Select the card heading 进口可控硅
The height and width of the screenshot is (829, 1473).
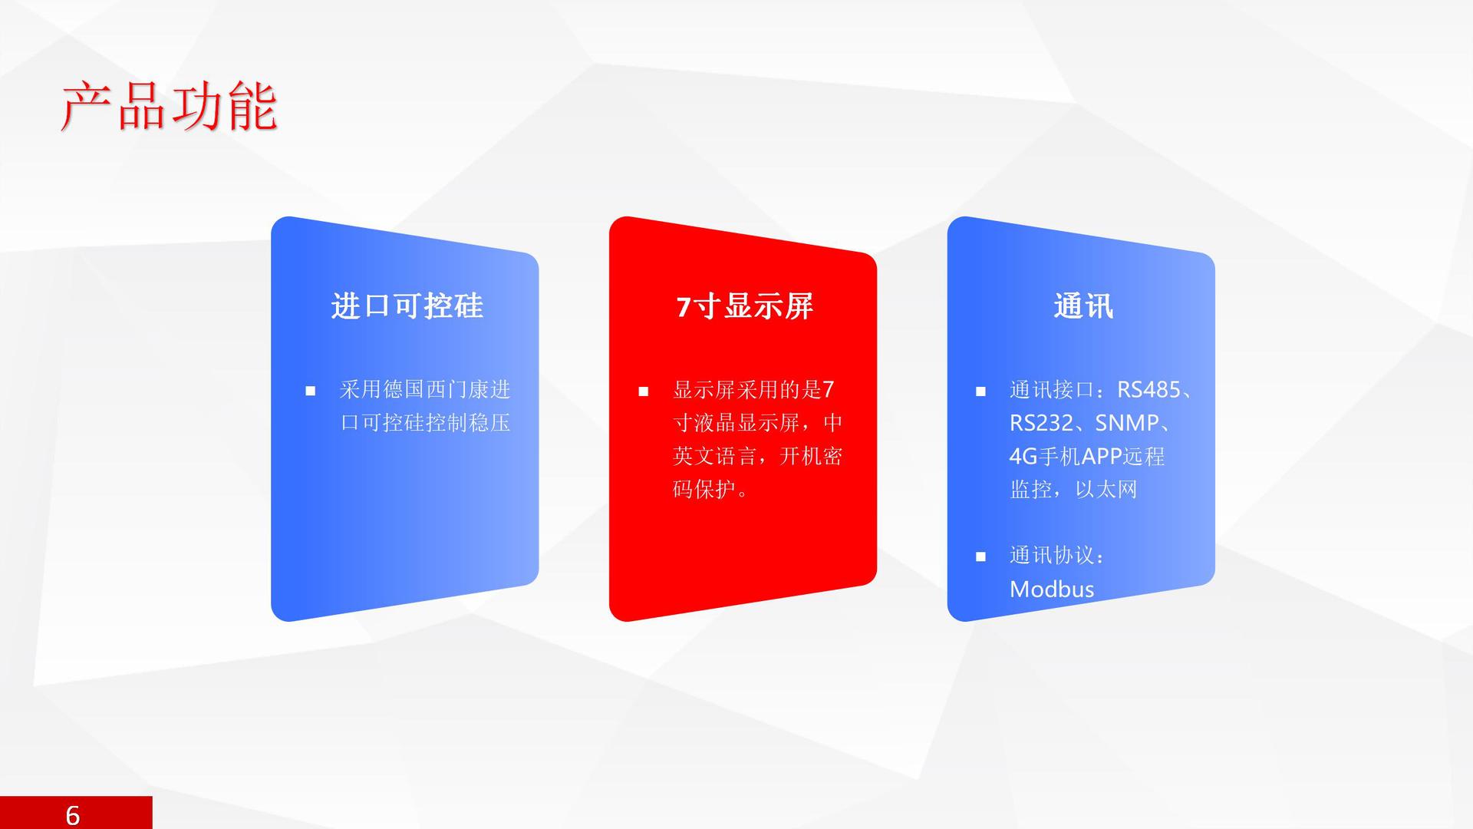407,306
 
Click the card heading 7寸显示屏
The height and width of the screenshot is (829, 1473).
744,306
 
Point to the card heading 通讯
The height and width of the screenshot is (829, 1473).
1083,306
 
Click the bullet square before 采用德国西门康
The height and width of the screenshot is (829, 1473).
311,391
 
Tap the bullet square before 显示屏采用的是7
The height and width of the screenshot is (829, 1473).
644,391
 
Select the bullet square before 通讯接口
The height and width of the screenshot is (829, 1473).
980,391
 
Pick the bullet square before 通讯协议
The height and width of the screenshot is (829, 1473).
980,557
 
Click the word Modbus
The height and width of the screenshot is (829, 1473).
1052,589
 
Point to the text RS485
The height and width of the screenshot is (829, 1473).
1148,390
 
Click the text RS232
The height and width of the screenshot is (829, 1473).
1041,423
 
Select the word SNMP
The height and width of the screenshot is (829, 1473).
1127,423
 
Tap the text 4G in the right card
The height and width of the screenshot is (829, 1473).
1023,457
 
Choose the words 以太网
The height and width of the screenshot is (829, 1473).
1106,490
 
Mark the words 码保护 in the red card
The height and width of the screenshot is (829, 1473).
704,489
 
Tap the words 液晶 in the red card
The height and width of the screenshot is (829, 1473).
715,423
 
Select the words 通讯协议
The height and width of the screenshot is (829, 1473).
1052,556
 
